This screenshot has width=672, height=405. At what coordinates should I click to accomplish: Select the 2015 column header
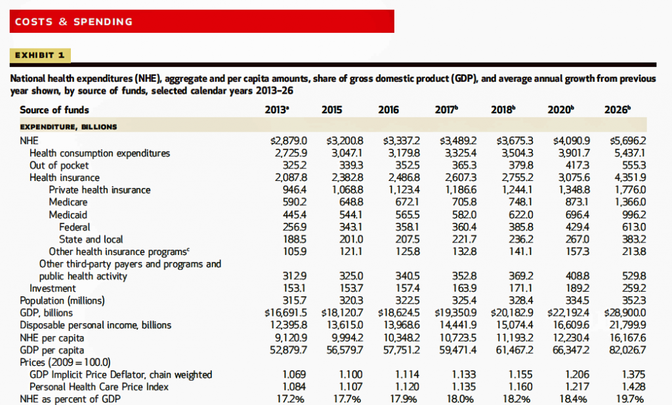(332, 109)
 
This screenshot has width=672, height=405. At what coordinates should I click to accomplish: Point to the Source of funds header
(54, 109)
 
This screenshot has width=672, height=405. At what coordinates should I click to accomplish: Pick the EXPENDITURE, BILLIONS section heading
(68, 125)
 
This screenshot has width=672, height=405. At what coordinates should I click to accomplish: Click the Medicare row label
(68, 202)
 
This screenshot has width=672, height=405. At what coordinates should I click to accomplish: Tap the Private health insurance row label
(100, 189)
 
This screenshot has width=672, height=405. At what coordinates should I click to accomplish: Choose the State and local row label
(91, 239)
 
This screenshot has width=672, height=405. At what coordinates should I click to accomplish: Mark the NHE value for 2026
(628, 140)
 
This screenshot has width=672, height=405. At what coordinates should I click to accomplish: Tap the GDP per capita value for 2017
(458, 350)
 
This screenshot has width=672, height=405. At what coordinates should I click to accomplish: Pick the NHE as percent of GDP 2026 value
(631, 399)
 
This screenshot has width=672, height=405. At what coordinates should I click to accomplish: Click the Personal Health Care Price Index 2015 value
(341, 387)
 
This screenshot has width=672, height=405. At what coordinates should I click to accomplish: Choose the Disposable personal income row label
(96, 325)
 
